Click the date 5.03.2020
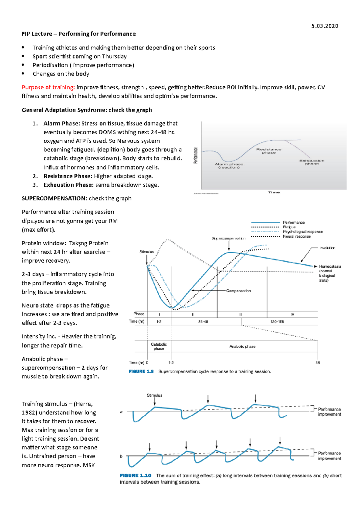[x=325, y=26]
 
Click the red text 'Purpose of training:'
[x=48, y=87]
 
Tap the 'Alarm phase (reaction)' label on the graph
[x=229, y=166]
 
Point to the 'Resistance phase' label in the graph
[x=268, y=151]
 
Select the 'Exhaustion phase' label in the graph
[x=312, y=162]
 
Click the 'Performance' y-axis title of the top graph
[x=196, y=155]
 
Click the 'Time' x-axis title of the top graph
[x=274, y=192]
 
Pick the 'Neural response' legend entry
[x=297, y=236]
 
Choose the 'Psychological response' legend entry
[x=302, y=232]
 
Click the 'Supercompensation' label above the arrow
[x=229, y=238]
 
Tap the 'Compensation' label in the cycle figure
[x=238, y=291]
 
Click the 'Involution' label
[x=327, y=248]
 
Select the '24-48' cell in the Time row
[x=203, y=322]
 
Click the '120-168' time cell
[x=277, y=322]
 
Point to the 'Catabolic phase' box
[x=159, y=347]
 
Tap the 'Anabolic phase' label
[x=242, y=347]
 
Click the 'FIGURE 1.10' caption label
[x=135, y=475]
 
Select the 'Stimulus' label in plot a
[x=154, y=395]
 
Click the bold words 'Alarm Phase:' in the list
[x=61, y=124]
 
